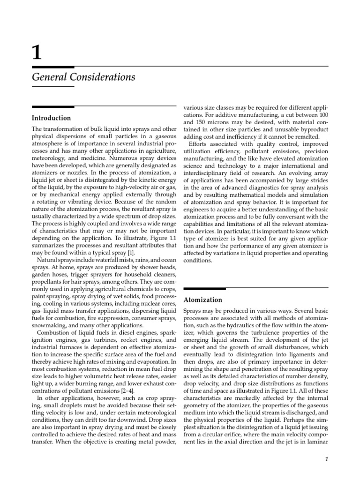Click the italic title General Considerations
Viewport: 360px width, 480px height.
click(83, 77)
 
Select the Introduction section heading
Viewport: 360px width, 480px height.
click(51, 118)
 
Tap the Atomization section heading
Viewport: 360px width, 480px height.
click(202, 300)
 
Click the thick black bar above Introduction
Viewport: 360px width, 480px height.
click(52, 107)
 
